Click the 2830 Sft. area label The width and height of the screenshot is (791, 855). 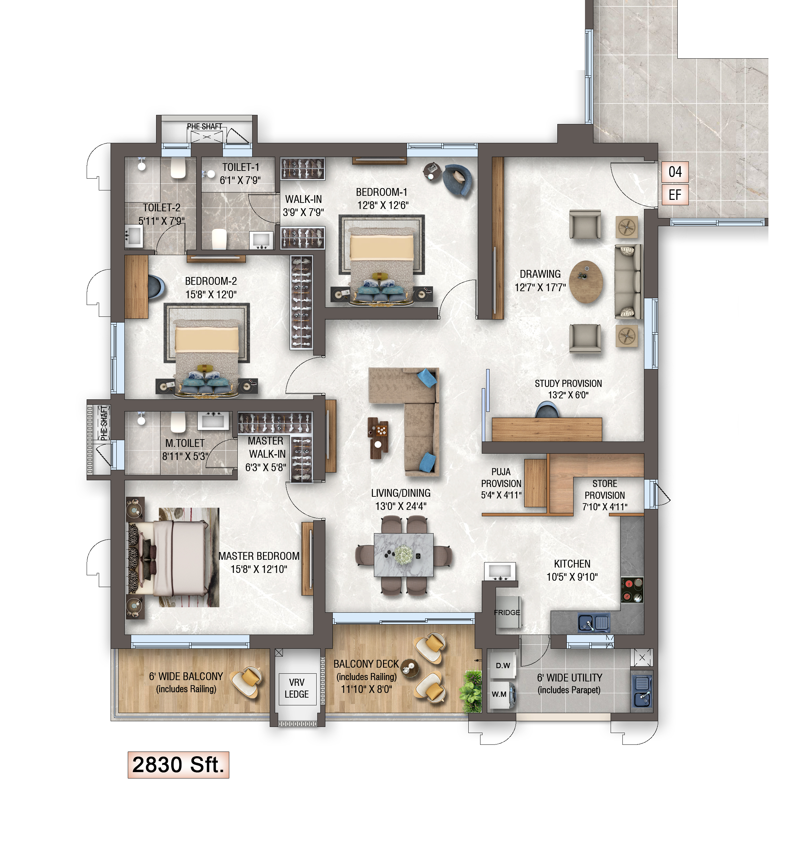tap(178, 765)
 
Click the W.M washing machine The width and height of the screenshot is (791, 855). tap(502, 694)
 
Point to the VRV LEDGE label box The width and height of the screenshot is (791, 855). tap(297, 689)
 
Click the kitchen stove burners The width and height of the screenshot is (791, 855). tap(632, 590)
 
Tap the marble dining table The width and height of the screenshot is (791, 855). tap(403, 555)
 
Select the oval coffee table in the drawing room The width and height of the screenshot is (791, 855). tap(586, 282)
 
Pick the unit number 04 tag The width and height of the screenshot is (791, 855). tap(675, 172)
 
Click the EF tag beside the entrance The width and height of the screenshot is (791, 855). tap(675, 195)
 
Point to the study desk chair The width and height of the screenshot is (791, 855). tap(547, 409)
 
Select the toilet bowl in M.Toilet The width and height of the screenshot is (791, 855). tap(178, 422)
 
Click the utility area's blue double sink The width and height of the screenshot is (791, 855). tap(642, 691)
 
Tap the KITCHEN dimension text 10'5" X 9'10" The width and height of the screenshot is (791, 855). tap(572, 577)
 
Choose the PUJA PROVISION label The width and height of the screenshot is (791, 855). tap(501, 483)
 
